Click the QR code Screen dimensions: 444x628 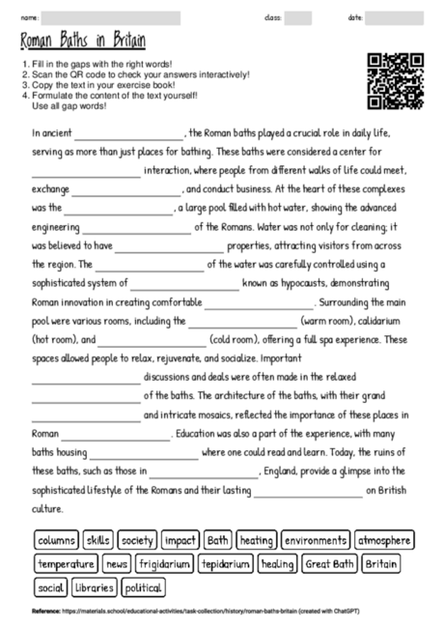click(396, 81)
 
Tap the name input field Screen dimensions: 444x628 click(112, 17)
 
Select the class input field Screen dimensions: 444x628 click(298, 17)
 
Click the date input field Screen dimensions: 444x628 click(394, 17)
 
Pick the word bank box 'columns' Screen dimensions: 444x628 click(56, 540)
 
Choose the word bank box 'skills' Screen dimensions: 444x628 click(98, 540)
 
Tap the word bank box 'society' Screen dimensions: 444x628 click(137, 540)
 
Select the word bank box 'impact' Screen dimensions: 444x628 click(180, 540)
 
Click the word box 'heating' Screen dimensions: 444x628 click(256, 540)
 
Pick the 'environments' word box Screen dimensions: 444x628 click(317, 540)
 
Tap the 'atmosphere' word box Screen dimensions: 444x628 click(384, 540)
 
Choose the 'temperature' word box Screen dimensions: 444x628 click(66, 563)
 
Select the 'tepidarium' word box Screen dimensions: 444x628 click(226, 563)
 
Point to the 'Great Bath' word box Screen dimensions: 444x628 click(330, 563)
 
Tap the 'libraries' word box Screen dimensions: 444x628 click(94, 586)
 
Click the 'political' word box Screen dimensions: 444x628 click(142, 586)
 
